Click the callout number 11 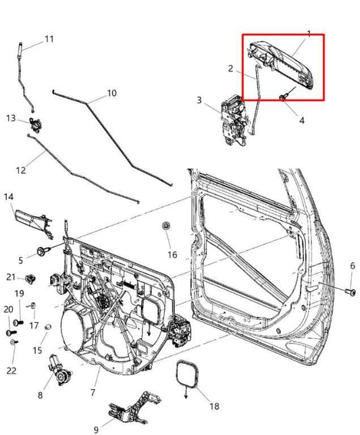pyautogui.click(x=49, y=39)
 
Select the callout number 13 pyautogui.click(x=11, y=118)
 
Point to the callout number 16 pyautogui.click(x=172, y=255)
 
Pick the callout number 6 pyautogui.click(x=351, y=266)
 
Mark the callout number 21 pyautogui.click(x=11, y=277)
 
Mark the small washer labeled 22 pyautogui.click(x=14, y=344)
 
